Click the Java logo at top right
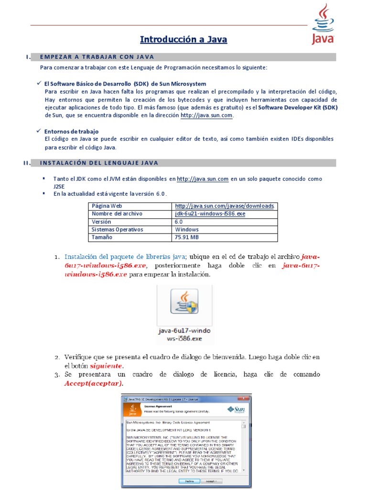click(323, 24)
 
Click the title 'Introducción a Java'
click(183, 40)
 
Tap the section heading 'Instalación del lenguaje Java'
click(99, 163)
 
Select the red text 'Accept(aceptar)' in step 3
click(93, 383)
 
